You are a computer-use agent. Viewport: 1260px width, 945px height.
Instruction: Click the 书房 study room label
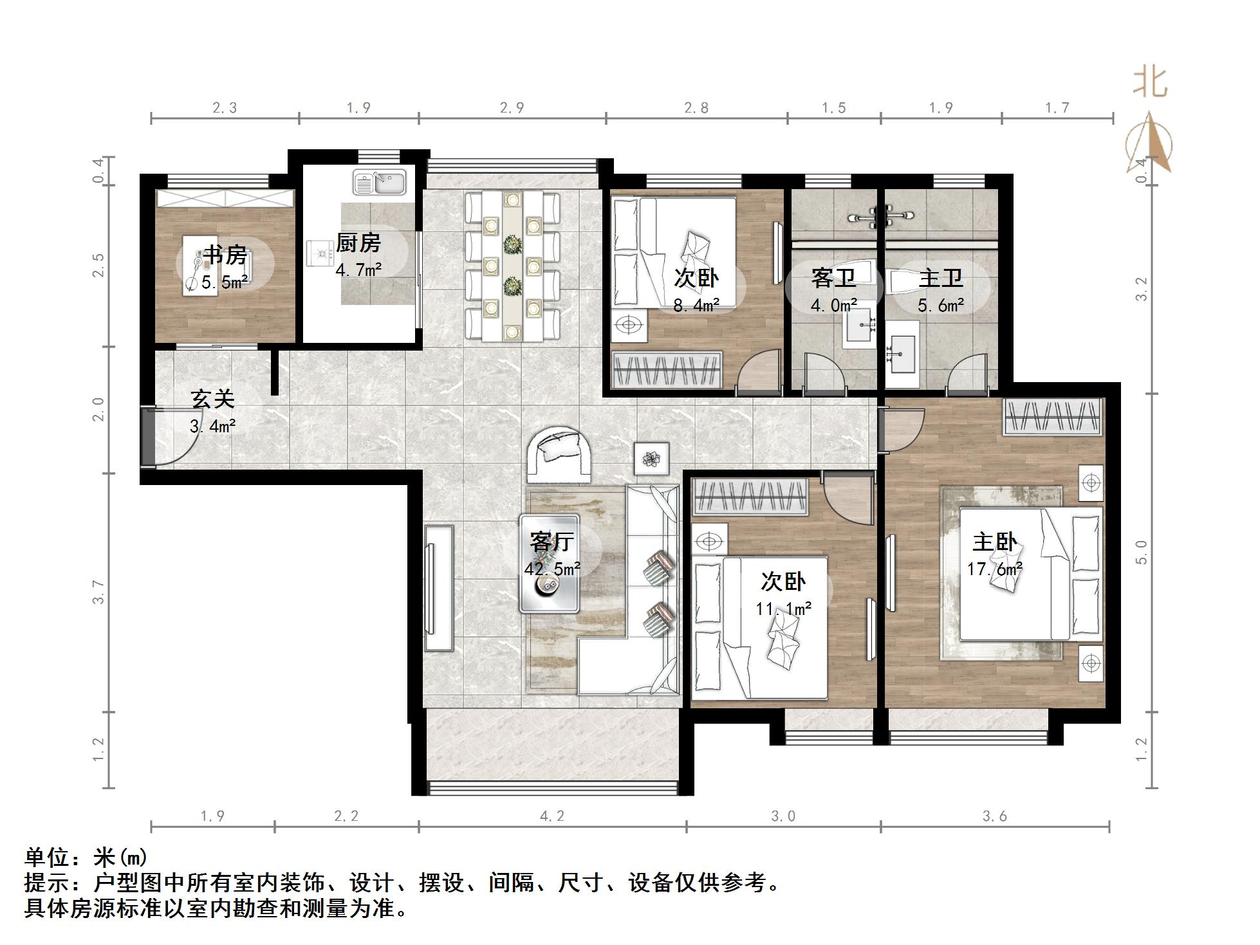(x=225, y=255)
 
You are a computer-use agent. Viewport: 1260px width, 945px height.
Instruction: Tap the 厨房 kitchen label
(x=358, y=243)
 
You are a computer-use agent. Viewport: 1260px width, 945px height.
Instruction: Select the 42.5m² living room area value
(x=552, y=569)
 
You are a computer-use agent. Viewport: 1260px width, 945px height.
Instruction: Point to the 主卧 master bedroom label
(x=994, y=542)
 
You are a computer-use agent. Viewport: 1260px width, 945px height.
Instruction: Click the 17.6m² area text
(x=995, y=569)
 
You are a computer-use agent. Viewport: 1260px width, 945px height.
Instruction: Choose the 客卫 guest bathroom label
(x=833, y=279)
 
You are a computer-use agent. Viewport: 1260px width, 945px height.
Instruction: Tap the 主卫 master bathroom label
(x=940, y=279)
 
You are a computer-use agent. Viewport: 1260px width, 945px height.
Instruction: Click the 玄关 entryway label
(x=212, y=399)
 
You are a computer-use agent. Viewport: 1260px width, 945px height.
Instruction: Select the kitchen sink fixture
(x=379, y=182)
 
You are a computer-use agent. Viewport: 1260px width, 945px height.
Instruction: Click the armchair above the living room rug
(x=559, y=455)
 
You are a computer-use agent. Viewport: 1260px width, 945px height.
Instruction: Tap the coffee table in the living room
(x=550, y=564)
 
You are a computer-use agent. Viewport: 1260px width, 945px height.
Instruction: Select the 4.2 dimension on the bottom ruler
(x=552, y=816)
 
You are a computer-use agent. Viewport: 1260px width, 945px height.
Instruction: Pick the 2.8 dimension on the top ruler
(x=696, y=108)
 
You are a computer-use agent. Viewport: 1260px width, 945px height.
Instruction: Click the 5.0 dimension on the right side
(x=1142, y=552)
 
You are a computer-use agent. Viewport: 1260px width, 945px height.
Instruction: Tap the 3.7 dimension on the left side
(x=98, y=592)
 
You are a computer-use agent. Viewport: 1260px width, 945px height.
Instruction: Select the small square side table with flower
(x=651, y=459)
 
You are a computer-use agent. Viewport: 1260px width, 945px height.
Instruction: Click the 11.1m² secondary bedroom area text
(x=783, y=608)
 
